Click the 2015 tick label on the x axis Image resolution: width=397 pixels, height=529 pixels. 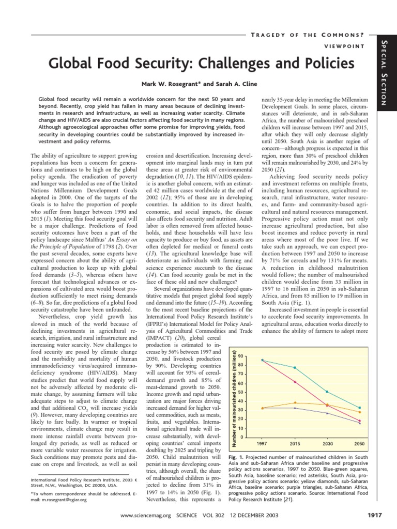click(x=295, y=444)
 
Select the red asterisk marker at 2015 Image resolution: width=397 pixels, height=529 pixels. click(x=295, y=382)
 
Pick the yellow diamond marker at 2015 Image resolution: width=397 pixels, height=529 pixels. click(x=295, y=402)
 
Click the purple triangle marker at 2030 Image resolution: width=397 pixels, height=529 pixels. click(x=327, y=413)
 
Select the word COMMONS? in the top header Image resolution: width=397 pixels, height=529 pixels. click(x=346, y=35)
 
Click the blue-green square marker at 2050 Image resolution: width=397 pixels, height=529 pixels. click(x=360, y=408)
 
